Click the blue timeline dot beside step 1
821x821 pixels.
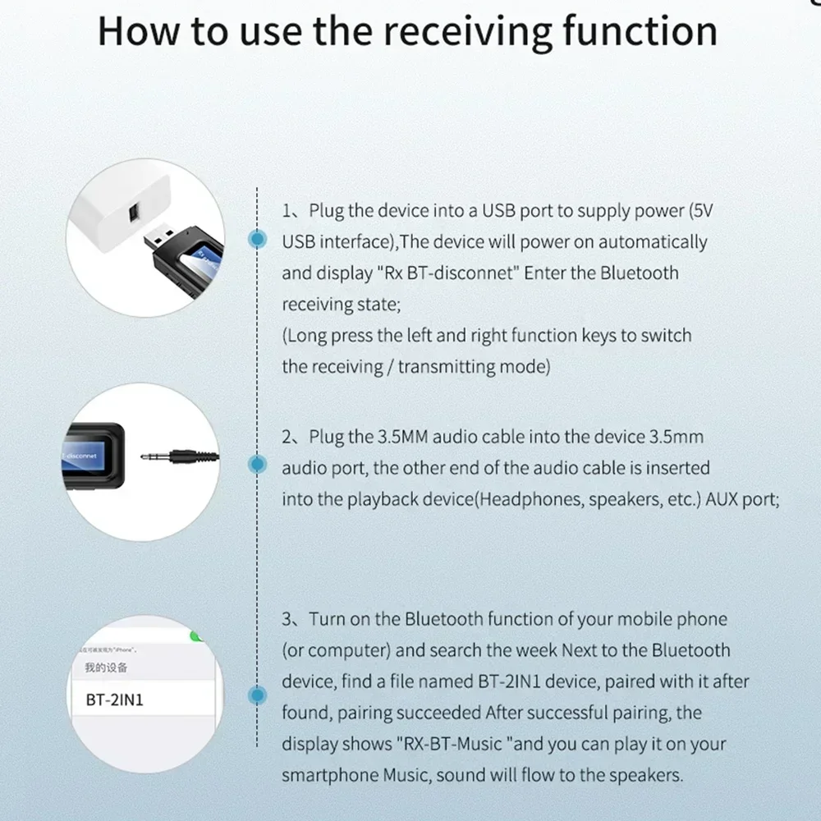coord(259,239)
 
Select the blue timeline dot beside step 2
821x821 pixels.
coord(259,465)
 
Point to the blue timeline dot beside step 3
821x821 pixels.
coord(259,695)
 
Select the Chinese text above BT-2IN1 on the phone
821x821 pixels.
coord(107,667)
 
